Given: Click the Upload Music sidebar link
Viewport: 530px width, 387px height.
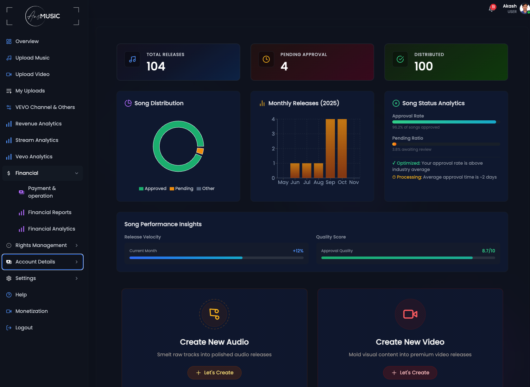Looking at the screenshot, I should click(32, 58).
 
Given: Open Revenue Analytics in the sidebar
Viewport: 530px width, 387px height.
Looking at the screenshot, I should click(38, 124).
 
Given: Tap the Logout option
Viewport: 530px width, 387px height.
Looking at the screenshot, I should click(24, 327).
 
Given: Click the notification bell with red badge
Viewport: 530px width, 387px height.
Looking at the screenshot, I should click(492, 9).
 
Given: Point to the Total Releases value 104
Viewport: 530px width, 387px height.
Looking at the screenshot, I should click(156, 66).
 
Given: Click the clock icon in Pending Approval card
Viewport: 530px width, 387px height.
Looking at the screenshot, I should click(266, 59).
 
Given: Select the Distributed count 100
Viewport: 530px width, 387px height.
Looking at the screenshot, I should click(423, 66).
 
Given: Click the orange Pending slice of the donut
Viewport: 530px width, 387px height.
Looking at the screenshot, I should click(200, 151).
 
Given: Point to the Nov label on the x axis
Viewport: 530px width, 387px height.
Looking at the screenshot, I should click(354, 182).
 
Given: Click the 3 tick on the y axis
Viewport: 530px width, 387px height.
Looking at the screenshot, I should click(273, 134).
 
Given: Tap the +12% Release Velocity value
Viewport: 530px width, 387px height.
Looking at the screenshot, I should click(298, 251).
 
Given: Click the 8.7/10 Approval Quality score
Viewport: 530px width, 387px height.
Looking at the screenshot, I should click(489, 251).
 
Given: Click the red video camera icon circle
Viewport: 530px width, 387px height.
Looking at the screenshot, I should click(410, 314).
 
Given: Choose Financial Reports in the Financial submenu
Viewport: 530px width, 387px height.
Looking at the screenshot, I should click(49, 212).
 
